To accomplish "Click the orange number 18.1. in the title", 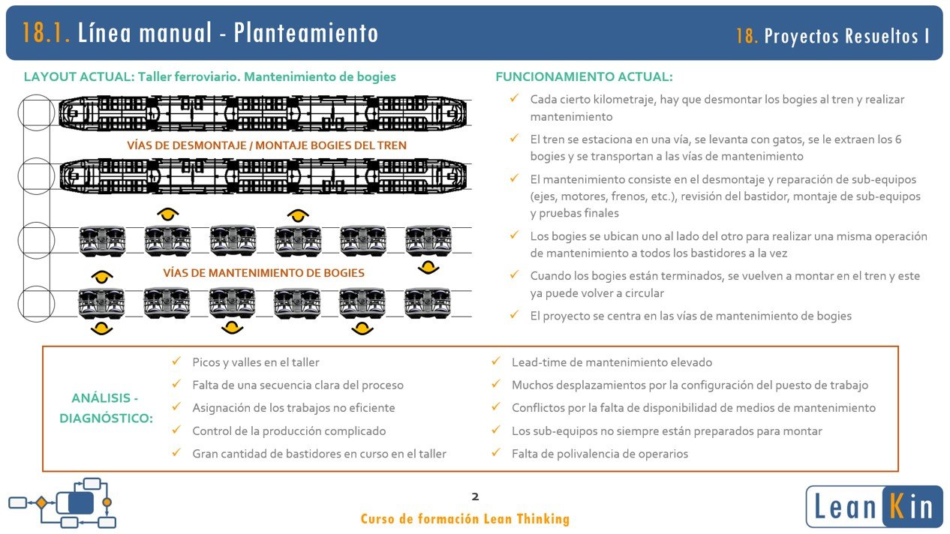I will pos(47,33).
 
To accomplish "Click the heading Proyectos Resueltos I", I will pos(847,36).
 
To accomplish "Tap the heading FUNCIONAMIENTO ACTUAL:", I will pos(584,76).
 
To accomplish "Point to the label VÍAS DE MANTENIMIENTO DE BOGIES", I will pos(263,273).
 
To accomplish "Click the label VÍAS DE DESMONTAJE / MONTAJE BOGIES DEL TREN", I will pos(266,145).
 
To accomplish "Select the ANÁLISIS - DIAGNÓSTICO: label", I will pos(105,408).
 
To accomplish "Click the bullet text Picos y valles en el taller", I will pos(255,362).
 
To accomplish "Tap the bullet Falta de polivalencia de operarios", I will pos(599,454).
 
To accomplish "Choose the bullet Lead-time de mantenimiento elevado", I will pos(612,362).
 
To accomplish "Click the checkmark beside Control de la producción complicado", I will pos(176,430).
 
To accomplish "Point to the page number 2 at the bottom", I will pos(474,496).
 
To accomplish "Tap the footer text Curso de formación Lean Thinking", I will pos(464,519).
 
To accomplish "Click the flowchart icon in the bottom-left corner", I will pos(62,502).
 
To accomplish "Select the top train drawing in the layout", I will pos(263,112).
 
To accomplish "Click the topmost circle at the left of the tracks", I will pos(36,113).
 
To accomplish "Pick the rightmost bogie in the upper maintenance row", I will pos(428,240).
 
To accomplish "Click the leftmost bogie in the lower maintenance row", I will pos(102,303).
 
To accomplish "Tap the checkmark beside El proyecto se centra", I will pos(514,315).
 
